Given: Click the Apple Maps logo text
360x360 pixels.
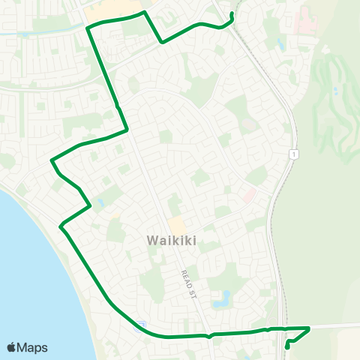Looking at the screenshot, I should [x=33, y=347].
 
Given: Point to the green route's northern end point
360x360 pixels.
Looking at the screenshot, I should [x=232, y=14].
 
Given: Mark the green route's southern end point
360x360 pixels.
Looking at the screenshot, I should [x=288, y=347].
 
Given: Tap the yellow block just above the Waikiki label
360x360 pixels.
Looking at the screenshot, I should [x=177, y=225].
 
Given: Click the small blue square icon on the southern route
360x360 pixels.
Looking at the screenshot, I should [x=139, y=325].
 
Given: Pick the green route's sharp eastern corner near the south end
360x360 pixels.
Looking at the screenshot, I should [x=309, y=328].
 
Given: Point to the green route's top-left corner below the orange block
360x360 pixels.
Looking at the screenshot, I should [x=88, y=28].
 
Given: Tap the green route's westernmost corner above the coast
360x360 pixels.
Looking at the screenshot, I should [x=51, y=160].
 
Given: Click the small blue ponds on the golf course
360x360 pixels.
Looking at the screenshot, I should [x=335, y=90].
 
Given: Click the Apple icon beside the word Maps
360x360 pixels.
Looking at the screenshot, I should [x=12, y=347].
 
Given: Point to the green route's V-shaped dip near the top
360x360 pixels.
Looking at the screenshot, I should [x=162, y=43].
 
